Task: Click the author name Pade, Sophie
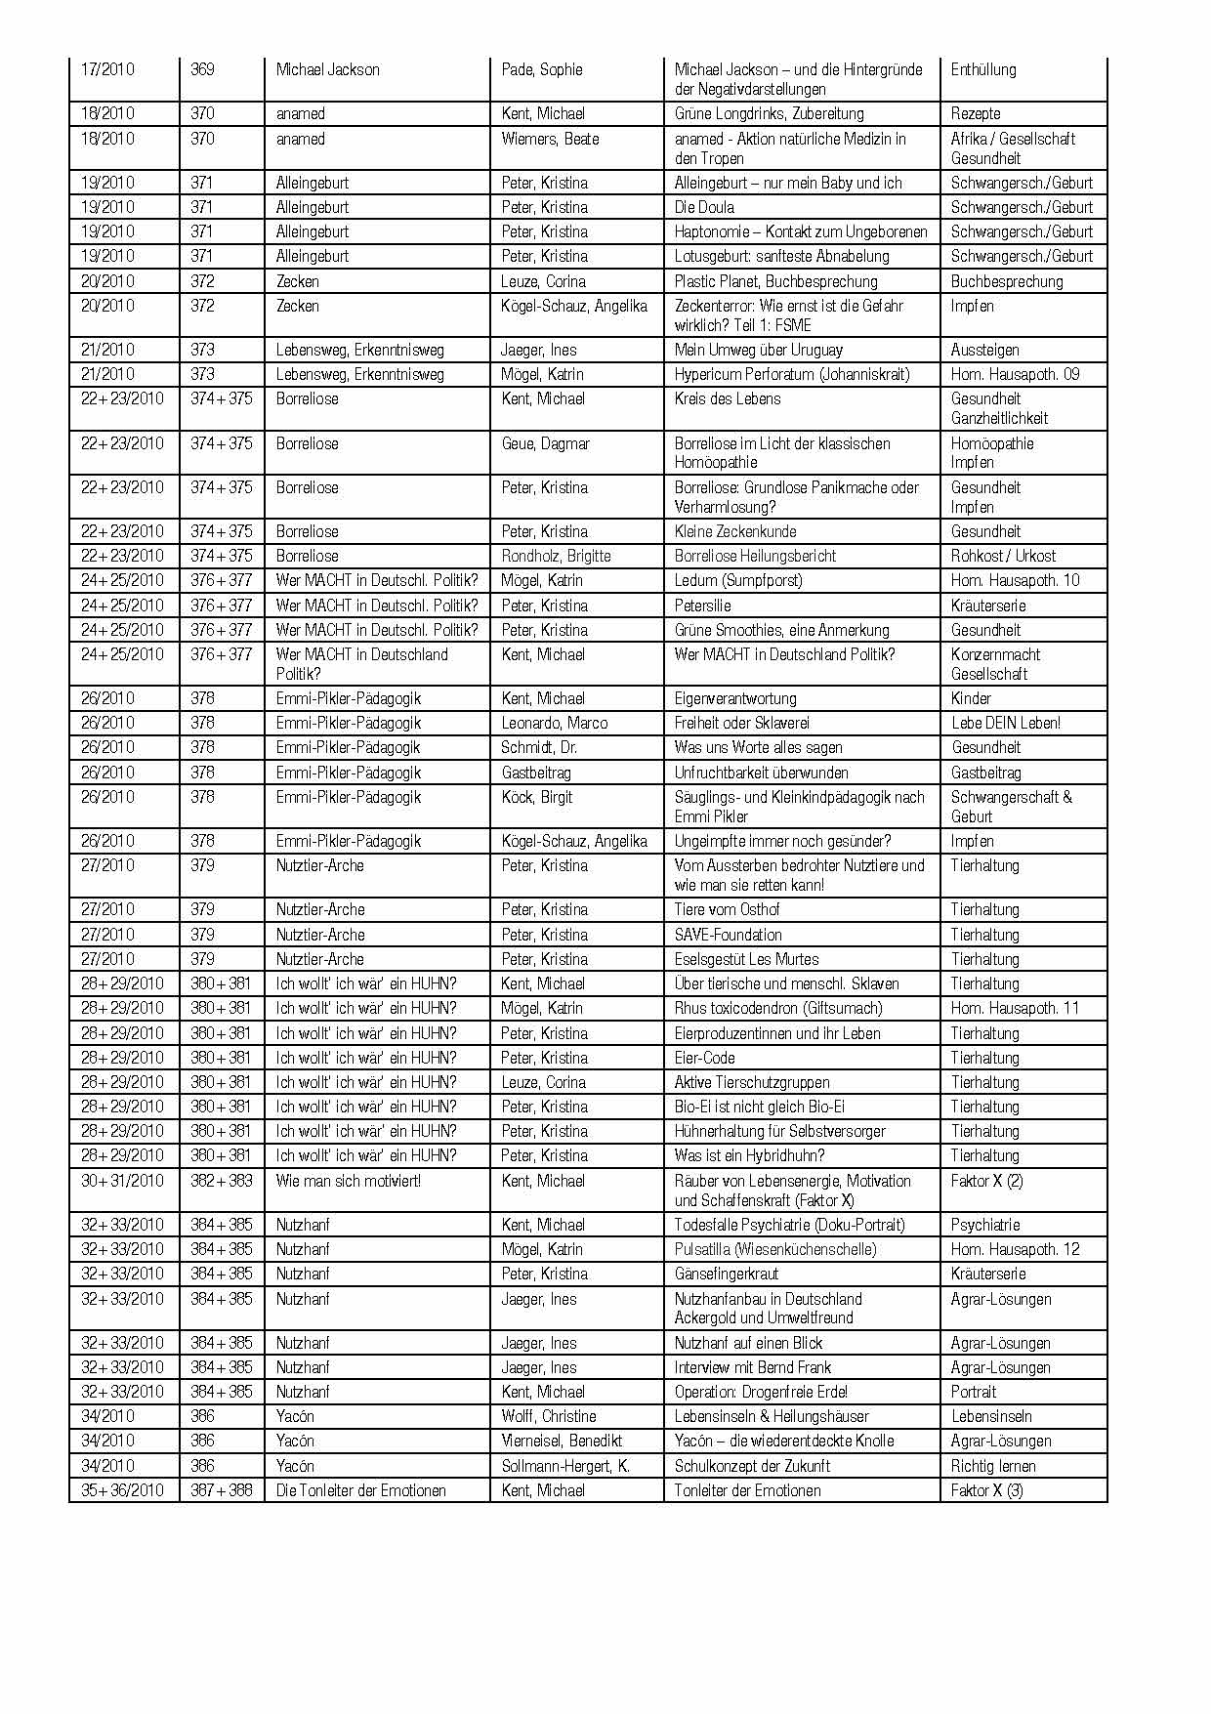click(x=542, y=69)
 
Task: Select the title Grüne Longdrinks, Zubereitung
click(x=769, y=113)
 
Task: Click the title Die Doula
click(x=704, y=207)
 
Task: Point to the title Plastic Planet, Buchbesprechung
click(x=775, y=281)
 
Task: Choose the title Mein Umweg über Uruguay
click(x=758, y=350)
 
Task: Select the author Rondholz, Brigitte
click(x=556, y=556)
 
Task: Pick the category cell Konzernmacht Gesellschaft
click(x=995, y=664)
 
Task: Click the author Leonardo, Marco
click(x=554, y=723)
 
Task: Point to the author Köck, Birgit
click(x=537, y=797)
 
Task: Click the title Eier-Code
click(x=704, y=1058)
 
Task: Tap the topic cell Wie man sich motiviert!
click(x=349, y=1181)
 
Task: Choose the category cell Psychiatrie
click(x=985, y=1225)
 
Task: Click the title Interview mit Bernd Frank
click(x=753, y=1367)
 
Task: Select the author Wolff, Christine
click(x=549, y=1416)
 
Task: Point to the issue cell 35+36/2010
click(x=122, y=1490)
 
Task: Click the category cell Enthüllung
click(x=983, y=69)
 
